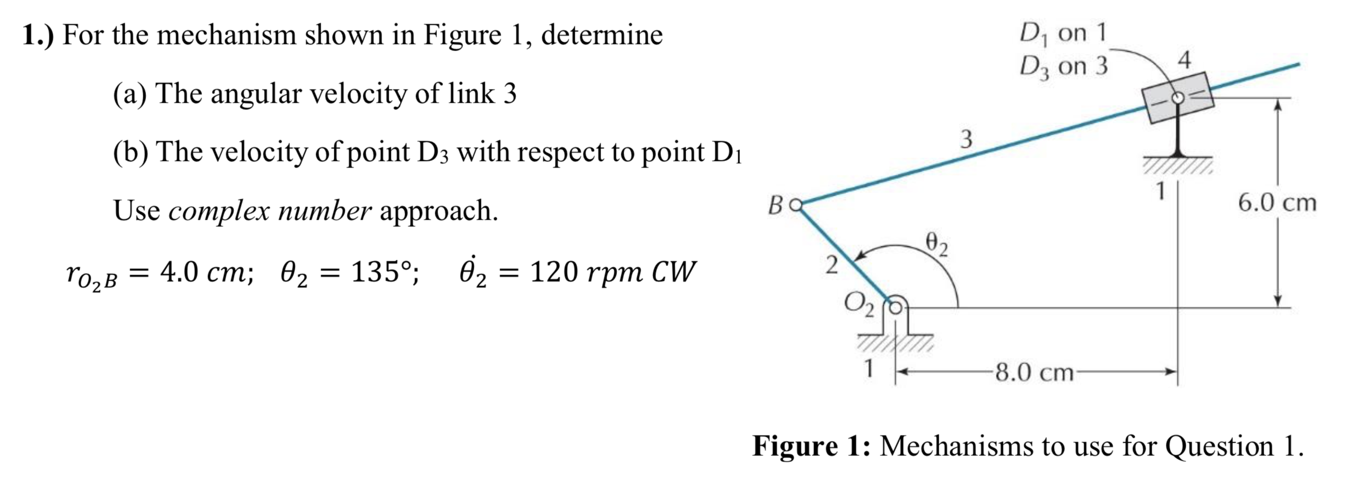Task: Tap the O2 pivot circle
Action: [895, 308]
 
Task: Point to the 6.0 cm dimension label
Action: [1277, 203]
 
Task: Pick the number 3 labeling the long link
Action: [966, 139]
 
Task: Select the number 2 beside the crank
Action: [832, 265]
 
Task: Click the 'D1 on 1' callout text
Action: [1063, 33]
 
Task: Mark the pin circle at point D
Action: [1178, 98]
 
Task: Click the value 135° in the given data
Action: [385, 271]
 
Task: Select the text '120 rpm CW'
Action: [613, 271]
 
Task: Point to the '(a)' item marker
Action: [130, 93]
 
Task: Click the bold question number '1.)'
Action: [38, 35]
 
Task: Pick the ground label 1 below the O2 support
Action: [868, 369]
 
